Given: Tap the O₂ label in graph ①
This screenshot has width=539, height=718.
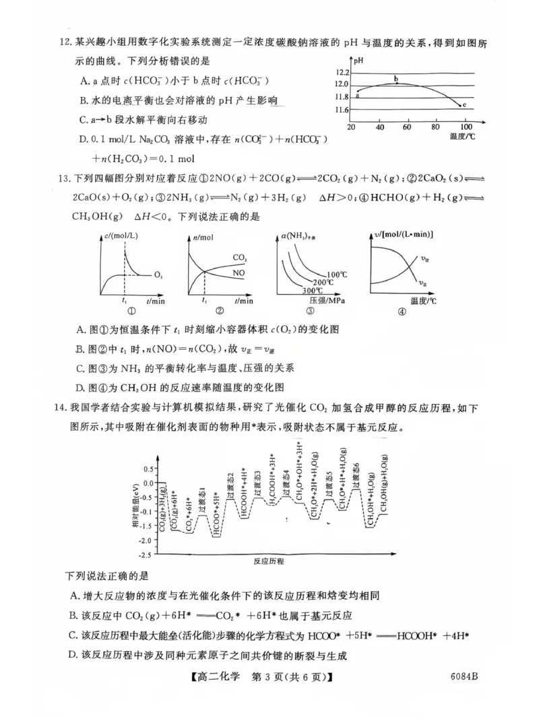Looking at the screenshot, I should pyautogui.click(x=158, y=275).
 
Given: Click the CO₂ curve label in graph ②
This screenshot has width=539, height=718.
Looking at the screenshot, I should pyautogui.click(x=239, y=258).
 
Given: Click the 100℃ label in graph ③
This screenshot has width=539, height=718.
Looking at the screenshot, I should pyautogui.click(x=337, y=274).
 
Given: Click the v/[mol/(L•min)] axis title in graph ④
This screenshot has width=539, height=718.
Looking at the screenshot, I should pyautogui.click(x=404, y=234).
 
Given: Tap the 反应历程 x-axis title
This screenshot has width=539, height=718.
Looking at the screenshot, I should pyautogui.click(x=269, y=560).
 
